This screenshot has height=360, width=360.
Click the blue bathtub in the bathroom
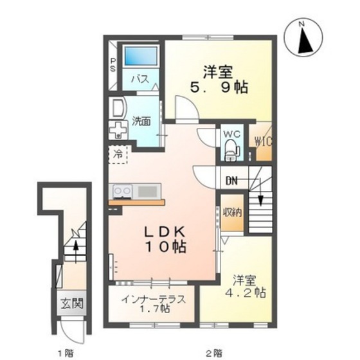[141, 56]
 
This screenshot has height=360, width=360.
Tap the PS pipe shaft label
[113, 65]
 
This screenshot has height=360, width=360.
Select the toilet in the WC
[232, 150]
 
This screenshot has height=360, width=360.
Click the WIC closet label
[263, 141]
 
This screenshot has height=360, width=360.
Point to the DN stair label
[231, 181]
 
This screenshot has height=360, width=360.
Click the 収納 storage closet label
[233, 212]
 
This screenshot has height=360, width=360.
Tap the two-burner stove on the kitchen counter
[123, 192]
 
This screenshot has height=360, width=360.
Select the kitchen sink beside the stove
[147, 192]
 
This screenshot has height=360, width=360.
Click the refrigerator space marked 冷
[118, 154]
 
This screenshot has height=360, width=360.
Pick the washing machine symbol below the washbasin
[118, 130]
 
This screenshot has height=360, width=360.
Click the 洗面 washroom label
[141, 122]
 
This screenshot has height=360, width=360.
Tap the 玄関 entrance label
[71, 303]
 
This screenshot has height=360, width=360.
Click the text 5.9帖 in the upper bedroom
[219, 87]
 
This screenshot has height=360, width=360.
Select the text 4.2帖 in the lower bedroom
[245, 292]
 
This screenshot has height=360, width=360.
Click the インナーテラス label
[153, 299]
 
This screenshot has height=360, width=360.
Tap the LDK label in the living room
[165, 233]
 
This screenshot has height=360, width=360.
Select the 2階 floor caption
[214, 352]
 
